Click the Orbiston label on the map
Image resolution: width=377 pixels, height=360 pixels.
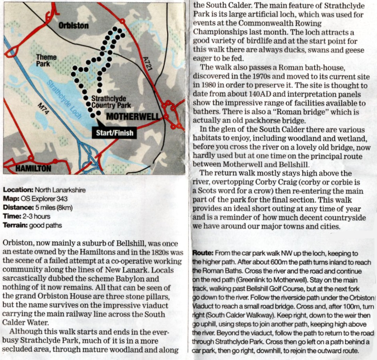pos(74,26)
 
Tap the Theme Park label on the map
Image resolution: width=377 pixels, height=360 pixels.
pos(46,60)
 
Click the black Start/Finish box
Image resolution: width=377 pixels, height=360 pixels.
pos(114,133)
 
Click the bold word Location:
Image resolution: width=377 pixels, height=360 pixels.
pos(18,190)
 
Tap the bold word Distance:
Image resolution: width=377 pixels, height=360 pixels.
pos(18,208)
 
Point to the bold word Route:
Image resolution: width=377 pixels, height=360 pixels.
pos(203,253)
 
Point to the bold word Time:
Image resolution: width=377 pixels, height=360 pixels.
pos(11,216)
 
